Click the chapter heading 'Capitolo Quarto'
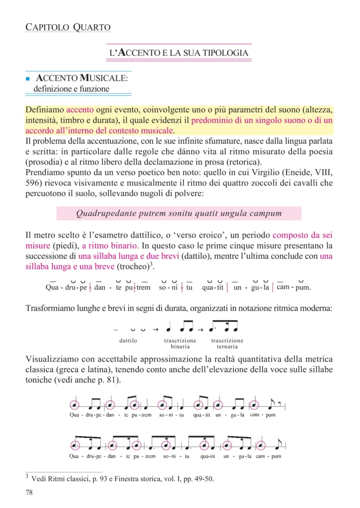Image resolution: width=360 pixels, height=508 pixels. pyautogui.click(x=68, y=27)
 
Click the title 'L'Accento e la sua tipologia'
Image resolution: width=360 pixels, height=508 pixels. pyautogui.click(x=179, y=52)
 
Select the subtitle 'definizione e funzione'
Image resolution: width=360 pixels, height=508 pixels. pyautogui.click(x=71, y=89)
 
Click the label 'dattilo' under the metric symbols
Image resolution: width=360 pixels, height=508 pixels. pyautogui.click(x=128, y=341)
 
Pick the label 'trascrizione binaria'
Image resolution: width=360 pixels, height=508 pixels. pyautogui.click(x=180, y=343)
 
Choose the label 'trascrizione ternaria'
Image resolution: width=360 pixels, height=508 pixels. pyautogui.click(x=227, y=343)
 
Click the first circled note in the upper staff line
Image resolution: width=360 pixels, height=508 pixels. pyautogui.click(x=75, y=404)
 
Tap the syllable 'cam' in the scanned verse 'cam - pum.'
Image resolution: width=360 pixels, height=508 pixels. pyautogui.click(x=282, y=287)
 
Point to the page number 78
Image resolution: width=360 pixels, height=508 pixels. pyautogui.click(x=29, y=493)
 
